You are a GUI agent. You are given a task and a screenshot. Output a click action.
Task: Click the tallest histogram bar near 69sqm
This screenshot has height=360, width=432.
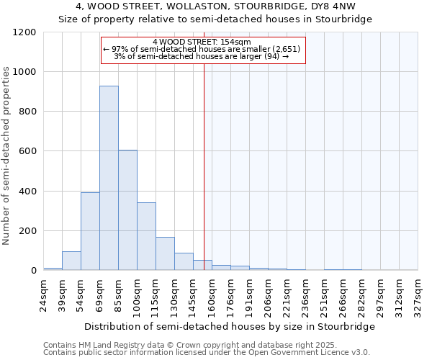click(109, 178)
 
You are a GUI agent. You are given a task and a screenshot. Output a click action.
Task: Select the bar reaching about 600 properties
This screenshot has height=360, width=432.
click(127, 210)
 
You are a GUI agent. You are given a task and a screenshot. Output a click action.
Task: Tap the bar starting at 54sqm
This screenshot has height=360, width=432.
click(90, 231)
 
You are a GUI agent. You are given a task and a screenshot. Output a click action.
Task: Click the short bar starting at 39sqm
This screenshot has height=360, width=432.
click(71, 261)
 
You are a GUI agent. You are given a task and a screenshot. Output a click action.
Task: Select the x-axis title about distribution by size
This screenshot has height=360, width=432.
click(230, 326)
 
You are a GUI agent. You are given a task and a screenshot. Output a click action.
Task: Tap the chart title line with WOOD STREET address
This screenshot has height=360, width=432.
click(215, 6)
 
